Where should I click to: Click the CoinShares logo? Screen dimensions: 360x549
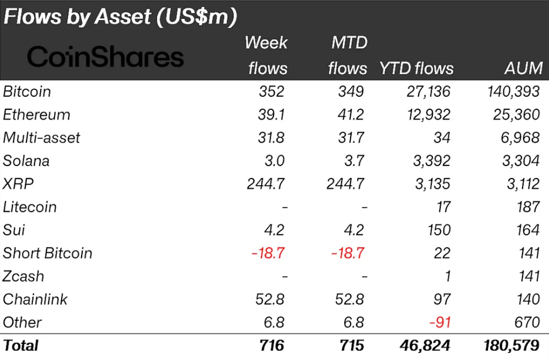(105, 56)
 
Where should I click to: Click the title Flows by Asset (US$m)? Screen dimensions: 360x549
(120, 17)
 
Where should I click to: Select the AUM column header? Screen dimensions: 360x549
(523, 68)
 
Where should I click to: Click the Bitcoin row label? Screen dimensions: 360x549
(27, 91)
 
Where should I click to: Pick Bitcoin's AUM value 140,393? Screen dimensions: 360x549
(513, 91)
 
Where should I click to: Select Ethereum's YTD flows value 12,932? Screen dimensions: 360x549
(429, 115)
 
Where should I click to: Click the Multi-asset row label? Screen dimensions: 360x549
(42, 138)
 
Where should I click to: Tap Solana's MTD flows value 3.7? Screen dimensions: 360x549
(352, 161)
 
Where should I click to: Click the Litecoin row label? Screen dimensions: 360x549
(30, 207)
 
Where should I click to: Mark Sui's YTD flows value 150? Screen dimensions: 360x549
(438, 230)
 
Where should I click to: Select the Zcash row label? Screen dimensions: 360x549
(23, 276)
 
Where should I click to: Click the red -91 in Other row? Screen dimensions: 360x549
(438, 322)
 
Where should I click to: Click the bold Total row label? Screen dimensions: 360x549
(21, 345)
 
